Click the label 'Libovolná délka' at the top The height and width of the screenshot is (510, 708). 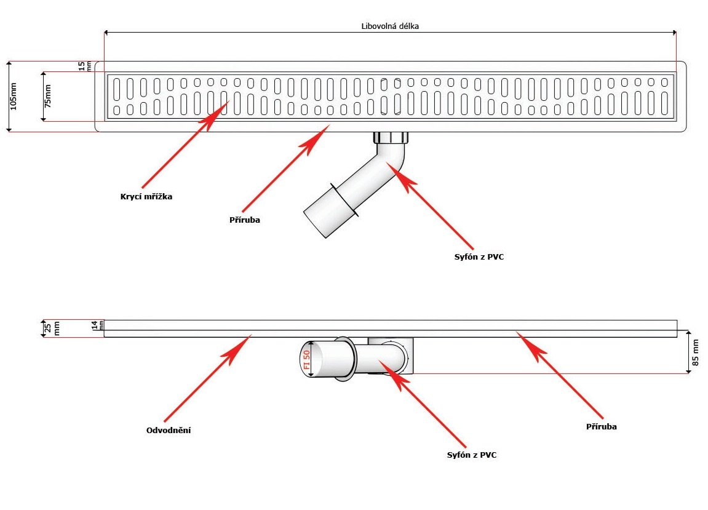tap(391, 26)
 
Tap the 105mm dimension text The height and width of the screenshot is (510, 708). tap(14, 96)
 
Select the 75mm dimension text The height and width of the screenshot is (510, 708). tap(48, 96)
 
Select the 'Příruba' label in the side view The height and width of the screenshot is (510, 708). tap(601, 426)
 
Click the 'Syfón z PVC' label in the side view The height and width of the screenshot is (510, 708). tap(472, 455)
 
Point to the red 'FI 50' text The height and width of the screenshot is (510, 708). tap(306, 359)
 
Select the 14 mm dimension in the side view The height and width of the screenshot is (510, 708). tap(96, 325)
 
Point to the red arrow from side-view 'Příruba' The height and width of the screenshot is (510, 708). tap(560, 375)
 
